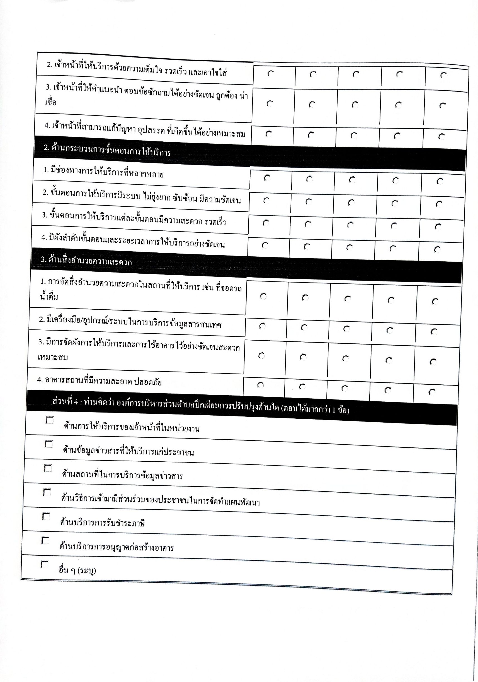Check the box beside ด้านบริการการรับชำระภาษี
[46, 517]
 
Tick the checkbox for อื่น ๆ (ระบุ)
[44, 564]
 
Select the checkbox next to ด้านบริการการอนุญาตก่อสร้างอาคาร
[45, 540]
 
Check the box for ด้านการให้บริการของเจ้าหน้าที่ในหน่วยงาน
[49, 421]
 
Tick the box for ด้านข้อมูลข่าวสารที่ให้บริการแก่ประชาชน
[48, 444]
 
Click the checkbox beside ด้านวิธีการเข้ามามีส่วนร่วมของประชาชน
[47, 493]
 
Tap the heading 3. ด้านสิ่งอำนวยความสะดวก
[86, 261]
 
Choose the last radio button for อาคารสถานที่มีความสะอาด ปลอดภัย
[432, 392]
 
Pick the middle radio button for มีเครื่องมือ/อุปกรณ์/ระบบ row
[346, 329]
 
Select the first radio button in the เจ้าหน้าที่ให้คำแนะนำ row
[270, 104]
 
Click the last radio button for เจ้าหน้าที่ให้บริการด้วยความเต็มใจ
[443, 75]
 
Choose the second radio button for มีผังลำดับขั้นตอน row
[307, 247]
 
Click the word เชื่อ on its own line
[51, 102]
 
